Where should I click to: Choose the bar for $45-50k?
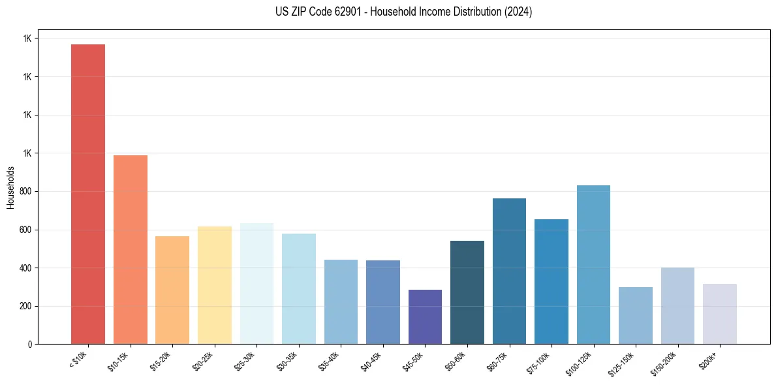(425, 316)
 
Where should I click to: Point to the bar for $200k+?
(720, 314)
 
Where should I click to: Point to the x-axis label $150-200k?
(667, 362)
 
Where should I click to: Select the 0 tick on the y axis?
(29, 344)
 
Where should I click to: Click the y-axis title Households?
(11, 187)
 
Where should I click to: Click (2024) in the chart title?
(518, 12)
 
